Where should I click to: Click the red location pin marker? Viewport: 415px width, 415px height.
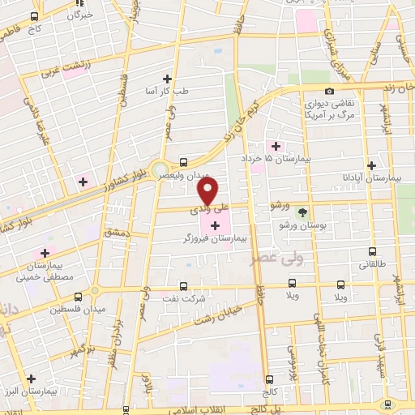pyautogui.click(x=208, y=191)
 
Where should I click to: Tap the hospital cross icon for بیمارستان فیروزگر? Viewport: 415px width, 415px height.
pyautogui.click(x=214, y=225)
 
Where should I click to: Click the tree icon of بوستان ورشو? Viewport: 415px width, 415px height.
pyautogui.click(x=302, y=212)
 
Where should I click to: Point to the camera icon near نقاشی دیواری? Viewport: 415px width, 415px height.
pyautogui.click(x=329, y=91)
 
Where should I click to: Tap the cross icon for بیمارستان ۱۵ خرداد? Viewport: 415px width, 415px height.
pyautogui.click(x=276, y=147)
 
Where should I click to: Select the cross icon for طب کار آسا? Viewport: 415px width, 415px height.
pyautogui.click(x=168, y=79)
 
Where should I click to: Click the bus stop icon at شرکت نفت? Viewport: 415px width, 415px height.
pyautogui.click(x=182, y=286)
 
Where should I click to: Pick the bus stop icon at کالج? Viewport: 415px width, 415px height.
pyautogui.click(x=269, y=378)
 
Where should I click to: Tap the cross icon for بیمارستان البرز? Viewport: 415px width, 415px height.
pyautogui.click(x=31, y=378)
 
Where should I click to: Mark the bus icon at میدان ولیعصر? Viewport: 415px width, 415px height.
pyautogui.click(x=184, y=160)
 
